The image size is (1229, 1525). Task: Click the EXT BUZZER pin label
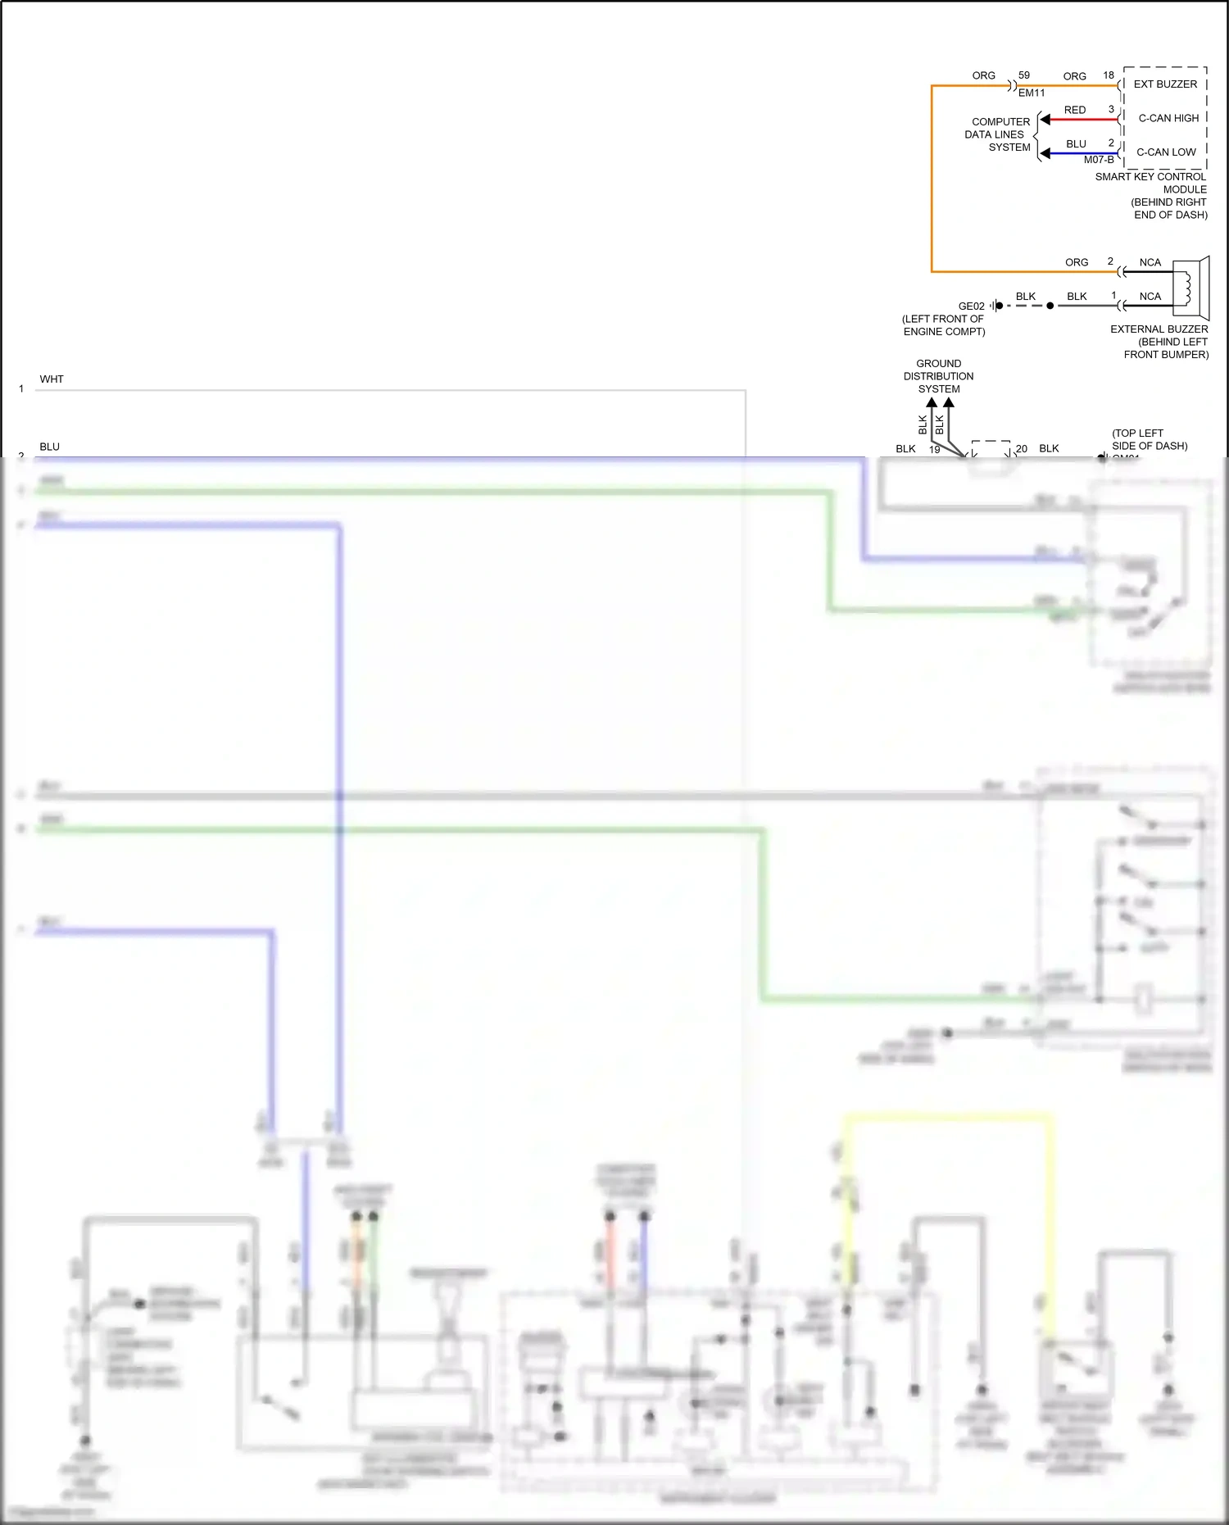tap(1165, 84)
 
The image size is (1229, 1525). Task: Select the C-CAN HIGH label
tap(1168, 118)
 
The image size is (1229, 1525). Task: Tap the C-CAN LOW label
tap(1166, 152)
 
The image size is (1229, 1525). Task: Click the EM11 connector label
tap(1032, 93)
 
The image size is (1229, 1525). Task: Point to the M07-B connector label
tap(1099, 160)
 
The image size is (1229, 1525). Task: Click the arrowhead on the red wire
tap(1045, 120)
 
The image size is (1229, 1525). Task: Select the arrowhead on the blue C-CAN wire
tap(1045, 153)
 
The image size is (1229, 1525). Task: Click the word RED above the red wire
tap(1075, 110)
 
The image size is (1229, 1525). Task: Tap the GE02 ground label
tap(972, 306)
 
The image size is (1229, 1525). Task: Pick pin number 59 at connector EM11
tap(1024, 75)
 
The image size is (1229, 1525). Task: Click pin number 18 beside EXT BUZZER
tap(1109, 75)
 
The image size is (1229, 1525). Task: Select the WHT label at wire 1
tap(52, 379)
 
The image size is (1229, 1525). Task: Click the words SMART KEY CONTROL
tap(1150, 177)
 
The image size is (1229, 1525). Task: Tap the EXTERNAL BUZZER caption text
tap(1159, 329)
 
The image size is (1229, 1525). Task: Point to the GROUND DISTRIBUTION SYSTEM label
tap(939, 376)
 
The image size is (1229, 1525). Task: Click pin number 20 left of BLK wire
tap(1022, 449)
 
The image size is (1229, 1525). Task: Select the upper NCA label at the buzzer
tap(1150, 263)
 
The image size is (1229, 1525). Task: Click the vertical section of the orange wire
tap(932, 180)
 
